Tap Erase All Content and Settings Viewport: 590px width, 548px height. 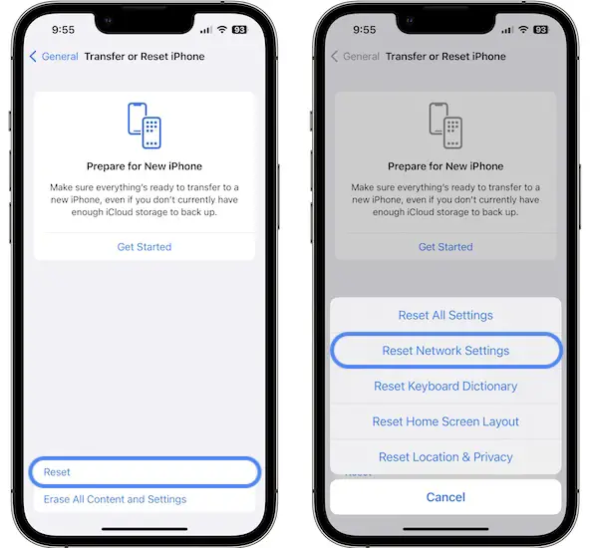[115, 499]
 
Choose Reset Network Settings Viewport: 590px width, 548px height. [445, 350]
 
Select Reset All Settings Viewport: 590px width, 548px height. [445, 315]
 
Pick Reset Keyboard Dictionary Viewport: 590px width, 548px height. [445, 386]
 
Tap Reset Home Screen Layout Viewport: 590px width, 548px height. [445, 421]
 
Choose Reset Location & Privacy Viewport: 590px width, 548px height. [445, 457]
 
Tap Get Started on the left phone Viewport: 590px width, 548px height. [145, 247]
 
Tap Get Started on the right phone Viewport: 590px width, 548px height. [445, 247]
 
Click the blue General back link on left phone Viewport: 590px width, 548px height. [54, 57]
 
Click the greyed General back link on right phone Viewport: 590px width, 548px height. [355, 57]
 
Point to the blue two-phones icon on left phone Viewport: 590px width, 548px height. [145, 126]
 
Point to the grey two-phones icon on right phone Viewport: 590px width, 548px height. [445, 126]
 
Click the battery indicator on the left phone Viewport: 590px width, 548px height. [239, 30]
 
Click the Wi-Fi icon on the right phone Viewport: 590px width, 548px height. [523, 29]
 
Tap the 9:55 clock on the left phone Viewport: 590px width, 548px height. [63, 30]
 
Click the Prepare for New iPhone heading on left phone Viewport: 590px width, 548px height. [145, 166]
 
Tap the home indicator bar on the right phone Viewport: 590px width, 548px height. [445, 529]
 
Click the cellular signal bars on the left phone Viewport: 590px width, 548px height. [206, 30]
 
